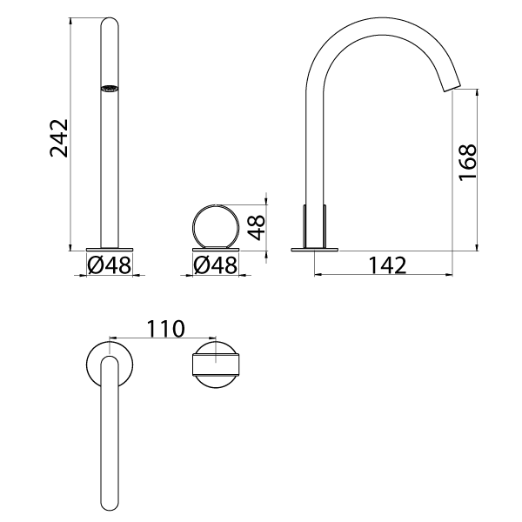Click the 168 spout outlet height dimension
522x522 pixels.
[x=467, y=163]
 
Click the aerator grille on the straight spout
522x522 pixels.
[x=110, y=88]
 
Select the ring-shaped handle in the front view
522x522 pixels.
[x=215, y=224]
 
